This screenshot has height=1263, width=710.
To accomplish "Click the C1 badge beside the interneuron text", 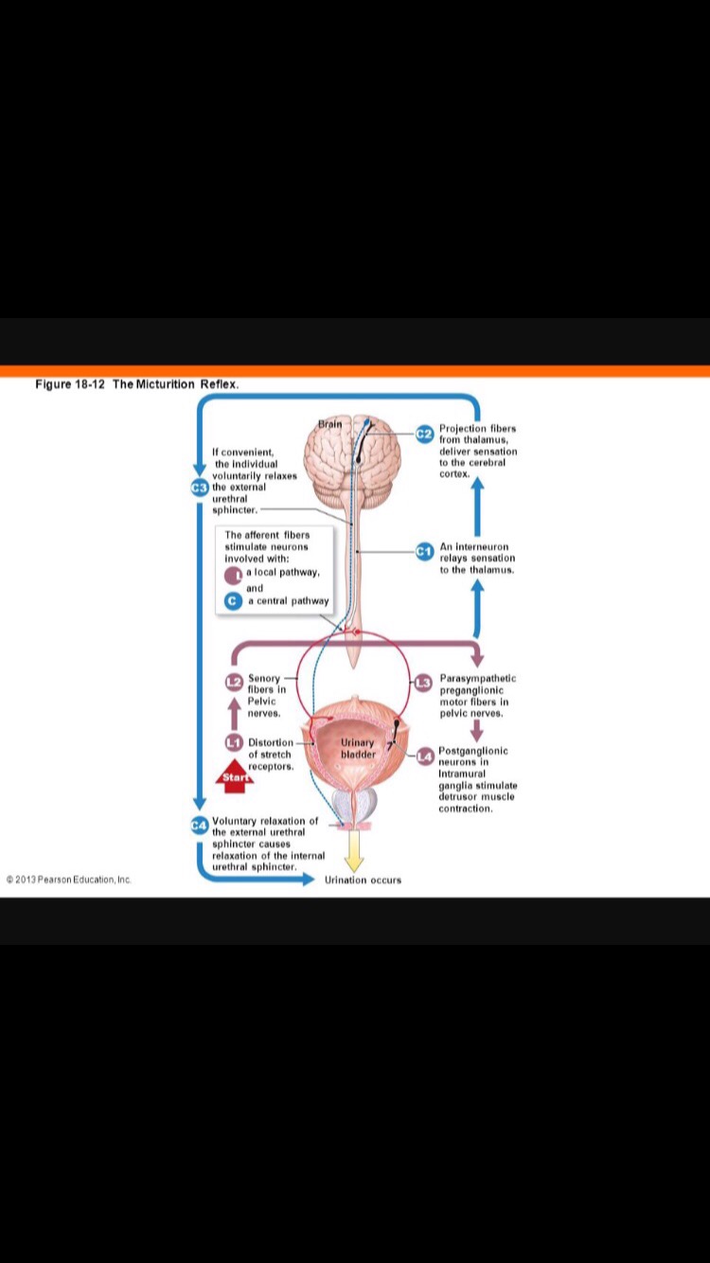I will coord(424,550).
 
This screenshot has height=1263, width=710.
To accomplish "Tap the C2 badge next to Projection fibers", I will coord(424,433).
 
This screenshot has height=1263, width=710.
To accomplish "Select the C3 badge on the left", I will coord(199,488).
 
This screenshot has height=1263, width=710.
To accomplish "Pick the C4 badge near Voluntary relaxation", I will coord(199,826).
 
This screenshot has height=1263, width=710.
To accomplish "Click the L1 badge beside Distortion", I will coord(234,741).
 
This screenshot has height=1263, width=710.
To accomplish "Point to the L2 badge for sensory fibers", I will coord(234,681).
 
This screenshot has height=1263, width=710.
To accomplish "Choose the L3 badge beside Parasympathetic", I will coord(424,682).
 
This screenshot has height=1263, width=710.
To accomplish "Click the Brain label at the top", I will coord(329,424).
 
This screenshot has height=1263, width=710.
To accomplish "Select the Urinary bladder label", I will coord(358,748).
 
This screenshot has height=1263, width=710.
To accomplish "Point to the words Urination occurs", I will coord(363,880).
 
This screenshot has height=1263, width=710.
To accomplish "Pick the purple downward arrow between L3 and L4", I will coord(476,730).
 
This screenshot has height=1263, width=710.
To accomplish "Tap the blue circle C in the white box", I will coord(232,600).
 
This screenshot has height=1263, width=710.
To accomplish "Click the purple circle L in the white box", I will coord(232,575).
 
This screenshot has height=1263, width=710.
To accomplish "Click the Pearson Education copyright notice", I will coord(68,880).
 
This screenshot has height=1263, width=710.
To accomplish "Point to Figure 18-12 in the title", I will coord(71,384).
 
